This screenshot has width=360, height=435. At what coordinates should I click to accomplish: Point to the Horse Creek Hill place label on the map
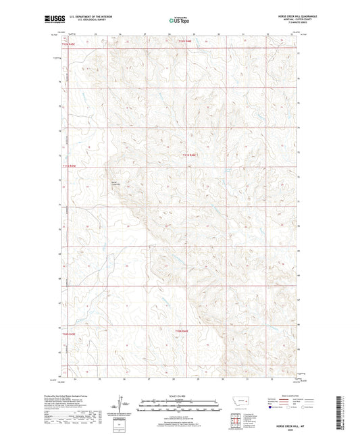[115, 182]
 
